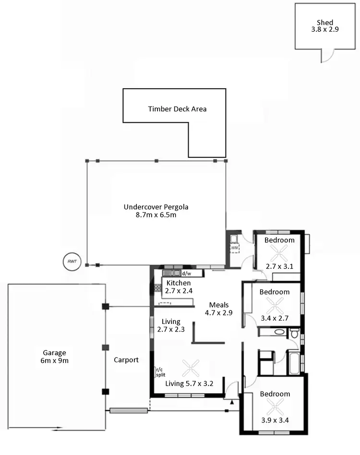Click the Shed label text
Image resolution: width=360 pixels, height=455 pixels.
(x=324, y=22)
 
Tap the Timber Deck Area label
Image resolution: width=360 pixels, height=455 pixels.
(x=177, y=109)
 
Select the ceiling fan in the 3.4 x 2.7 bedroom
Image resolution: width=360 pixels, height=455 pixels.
(x=275, y=304)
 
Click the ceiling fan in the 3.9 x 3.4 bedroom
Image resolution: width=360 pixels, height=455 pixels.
(x=275, y=410)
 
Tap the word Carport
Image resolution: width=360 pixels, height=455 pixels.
(x=126, y=359)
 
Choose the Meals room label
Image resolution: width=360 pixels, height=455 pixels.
(x=219, y=305)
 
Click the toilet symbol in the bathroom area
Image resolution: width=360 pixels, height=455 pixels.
(x=294, y=333)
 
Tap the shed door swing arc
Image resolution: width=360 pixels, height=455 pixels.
(x=326, y=57)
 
